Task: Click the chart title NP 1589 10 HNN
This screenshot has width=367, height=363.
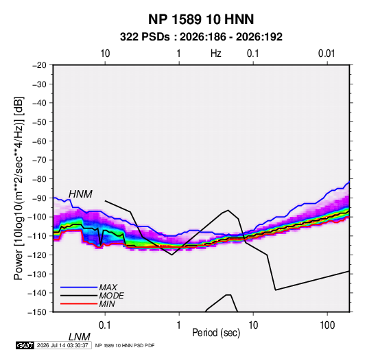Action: point(201,19)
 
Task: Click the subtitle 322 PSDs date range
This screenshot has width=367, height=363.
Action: point(201,37)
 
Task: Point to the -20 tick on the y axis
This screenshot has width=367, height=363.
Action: point(39,65)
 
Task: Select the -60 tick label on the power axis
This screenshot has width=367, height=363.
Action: point(39,141)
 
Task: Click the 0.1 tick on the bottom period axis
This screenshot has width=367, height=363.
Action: point(105,325)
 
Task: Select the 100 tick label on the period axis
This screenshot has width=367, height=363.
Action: point(327,325)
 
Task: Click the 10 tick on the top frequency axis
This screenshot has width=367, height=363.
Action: point(105,54)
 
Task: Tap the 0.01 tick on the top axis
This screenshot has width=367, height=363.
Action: point(327,54)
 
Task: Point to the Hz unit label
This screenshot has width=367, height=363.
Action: point(216,54)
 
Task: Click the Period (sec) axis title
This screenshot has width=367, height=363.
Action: point(216,333)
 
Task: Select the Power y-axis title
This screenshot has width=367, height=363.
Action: point(19,188)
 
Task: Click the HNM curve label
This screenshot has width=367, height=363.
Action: point(80,194)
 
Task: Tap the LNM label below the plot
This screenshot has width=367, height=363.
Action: point(79,337)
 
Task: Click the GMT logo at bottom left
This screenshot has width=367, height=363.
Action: point(25,345)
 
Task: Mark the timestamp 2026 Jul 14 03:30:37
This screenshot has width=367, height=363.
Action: point(62,345)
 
